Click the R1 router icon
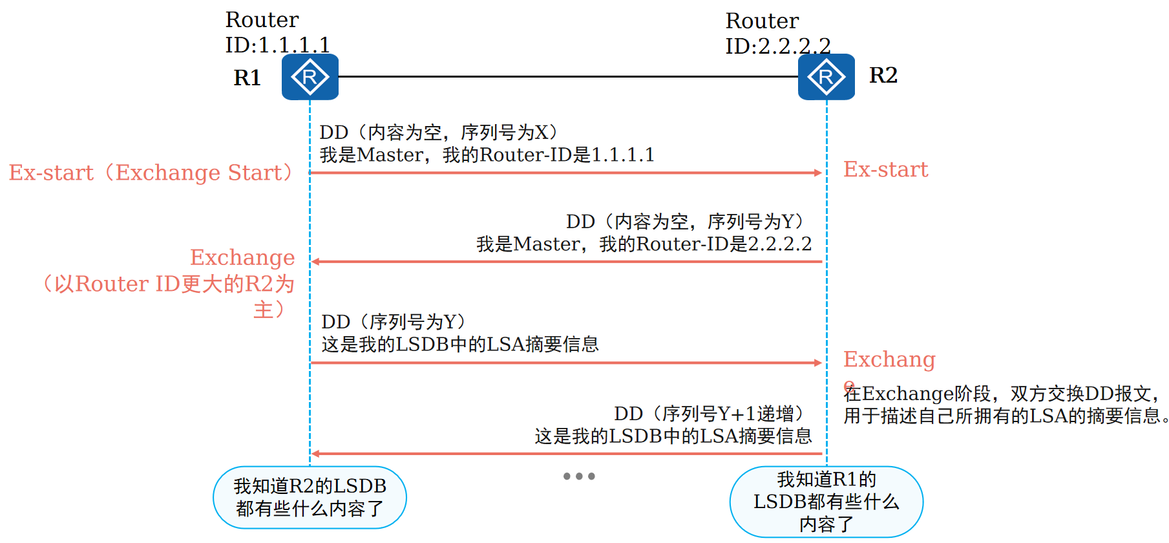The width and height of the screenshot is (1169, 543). coord(310,77)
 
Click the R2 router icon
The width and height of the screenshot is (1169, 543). coord(826,77)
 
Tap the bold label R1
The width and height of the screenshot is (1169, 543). coord(247,78)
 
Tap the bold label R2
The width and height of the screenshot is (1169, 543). coord(883,75)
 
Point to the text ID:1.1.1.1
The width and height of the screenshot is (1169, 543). coord(277,45)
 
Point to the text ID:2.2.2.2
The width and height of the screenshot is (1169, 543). coord(777,47)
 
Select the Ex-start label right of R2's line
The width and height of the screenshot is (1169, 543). coord(885,169)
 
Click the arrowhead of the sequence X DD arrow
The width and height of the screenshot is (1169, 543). coord(818,173)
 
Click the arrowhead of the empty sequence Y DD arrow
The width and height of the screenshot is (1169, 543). coord(316,262)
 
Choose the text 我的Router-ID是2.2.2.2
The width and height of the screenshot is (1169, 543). coord(705,244)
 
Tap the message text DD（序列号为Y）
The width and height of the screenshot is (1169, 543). coord(394,321)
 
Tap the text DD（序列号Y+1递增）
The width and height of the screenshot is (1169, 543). coord(709,413)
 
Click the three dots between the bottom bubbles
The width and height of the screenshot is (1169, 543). coord(578,476)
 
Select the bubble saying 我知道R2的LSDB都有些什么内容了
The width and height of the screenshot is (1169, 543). coord(310,497)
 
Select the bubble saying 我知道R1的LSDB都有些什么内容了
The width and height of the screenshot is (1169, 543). coord(826,502)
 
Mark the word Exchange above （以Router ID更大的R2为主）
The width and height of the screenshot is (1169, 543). coord(242,257)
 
